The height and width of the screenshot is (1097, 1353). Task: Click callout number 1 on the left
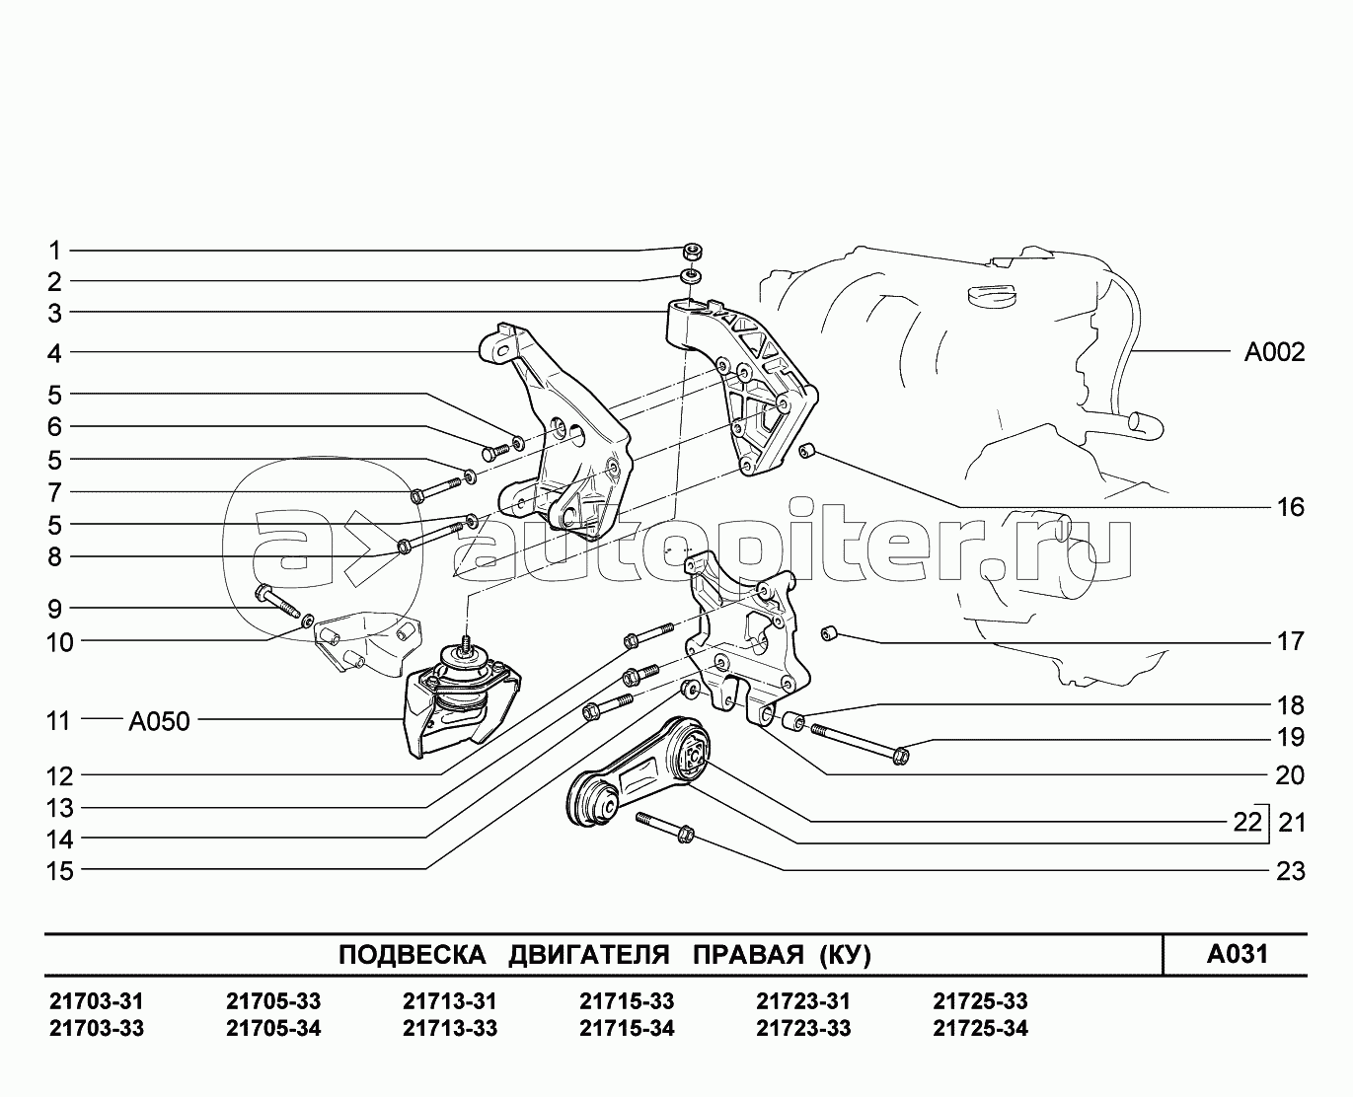[x=55, y=251]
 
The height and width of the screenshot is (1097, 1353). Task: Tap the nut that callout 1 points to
[x=693, y=251]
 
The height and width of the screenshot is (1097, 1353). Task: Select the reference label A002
[x=1273, y=352]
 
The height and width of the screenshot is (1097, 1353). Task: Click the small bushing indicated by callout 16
[x=806, y=452]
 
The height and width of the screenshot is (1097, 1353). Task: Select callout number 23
[x=1290, y=871]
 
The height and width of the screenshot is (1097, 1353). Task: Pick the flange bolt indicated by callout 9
[x=276, y=600]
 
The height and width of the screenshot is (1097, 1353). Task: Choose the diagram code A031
[x=1237, y=954]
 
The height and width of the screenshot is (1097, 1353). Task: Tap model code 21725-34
[x=980, y=1029]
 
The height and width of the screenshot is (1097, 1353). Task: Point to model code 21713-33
[x=450, y=1029]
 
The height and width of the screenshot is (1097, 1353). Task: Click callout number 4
[x=55, y=352]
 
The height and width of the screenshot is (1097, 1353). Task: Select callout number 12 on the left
[x=60, y=776]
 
